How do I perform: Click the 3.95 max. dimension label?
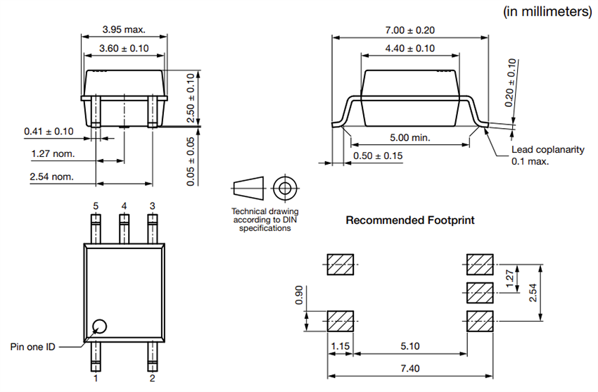[124, 30]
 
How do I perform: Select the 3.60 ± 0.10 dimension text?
[124, 48]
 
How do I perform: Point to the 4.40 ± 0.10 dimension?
[410, 49]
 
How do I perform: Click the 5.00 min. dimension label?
[410, 137]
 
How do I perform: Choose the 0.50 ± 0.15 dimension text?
[378, 156]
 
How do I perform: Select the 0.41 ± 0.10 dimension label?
[49, 132]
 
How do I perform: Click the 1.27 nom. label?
[53, 153]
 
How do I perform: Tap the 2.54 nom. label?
[51, 176]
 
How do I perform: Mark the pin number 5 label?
[96, 206]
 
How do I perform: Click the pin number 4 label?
[124, 206]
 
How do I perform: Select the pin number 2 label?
[153, 378]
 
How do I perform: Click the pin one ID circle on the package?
[100, 326]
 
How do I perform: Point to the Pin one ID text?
[33, 346]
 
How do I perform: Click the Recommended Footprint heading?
[410, 220]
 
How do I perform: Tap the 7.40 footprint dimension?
[411, 368]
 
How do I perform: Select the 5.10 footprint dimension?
[410, 346]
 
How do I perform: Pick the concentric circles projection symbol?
[285, 189]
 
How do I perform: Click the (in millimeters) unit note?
[547, 11]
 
